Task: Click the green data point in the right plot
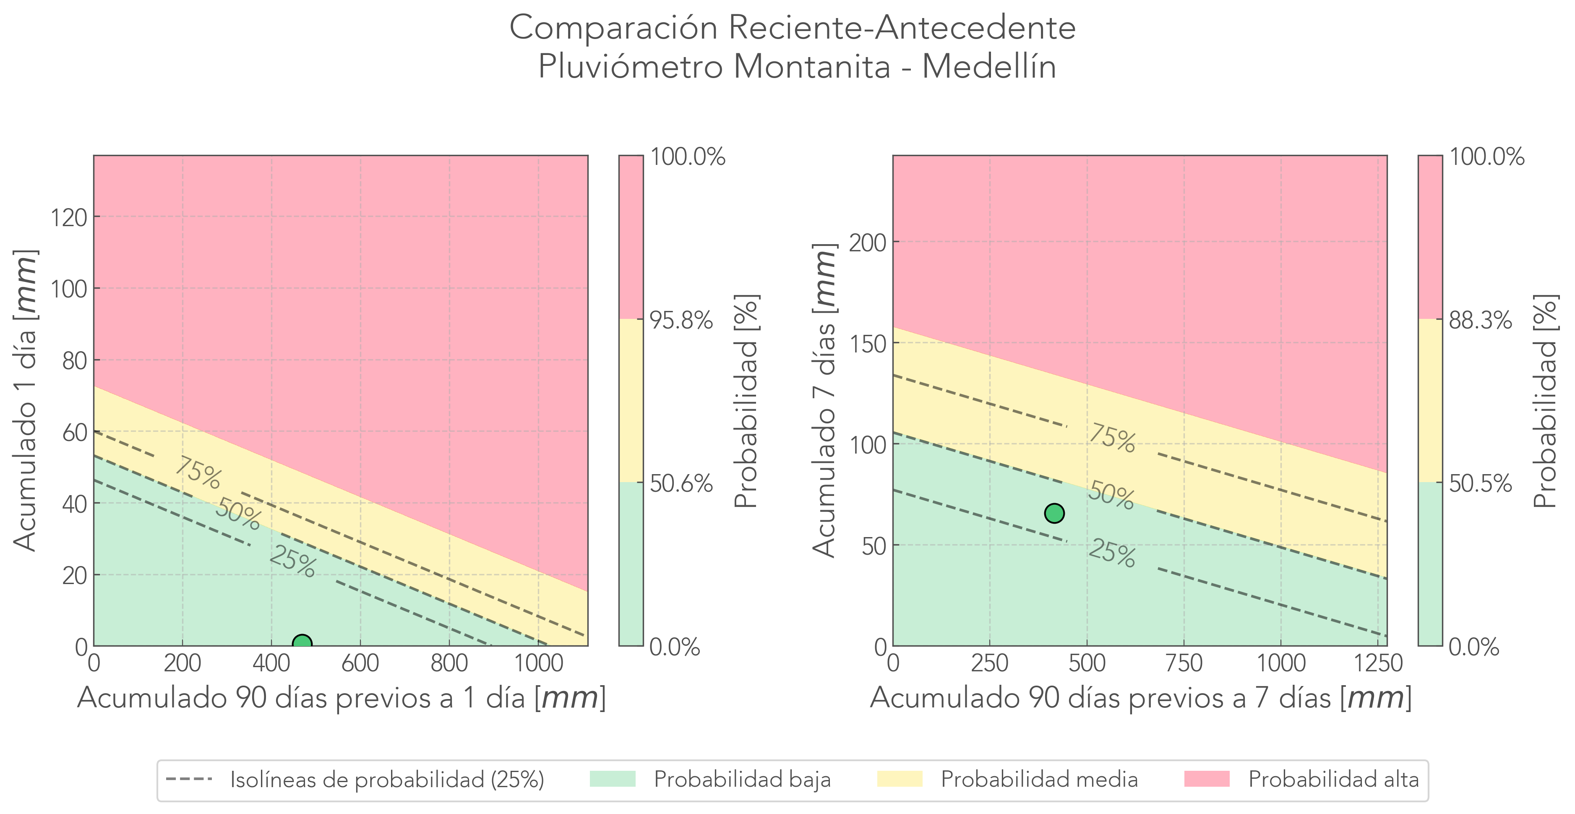[1054, 513]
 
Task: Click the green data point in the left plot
[302, 643]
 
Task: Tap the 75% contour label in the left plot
[198, 473]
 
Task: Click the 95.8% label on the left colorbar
[681, 320]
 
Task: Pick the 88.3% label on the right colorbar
[1480, 320]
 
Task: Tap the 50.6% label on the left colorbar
[681, 484]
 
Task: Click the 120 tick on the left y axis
[68, 217]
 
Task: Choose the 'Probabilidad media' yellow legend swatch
[900, 779]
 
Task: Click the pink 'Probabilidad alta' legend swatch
[1206, 779]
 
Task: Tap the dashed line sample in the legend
[189, 779]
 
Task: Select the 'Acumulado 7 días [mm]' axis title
[824, 401]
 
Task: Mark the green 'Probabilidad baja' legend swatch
[613, 779]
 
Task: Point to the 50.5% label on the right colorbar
[1480, 484]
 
